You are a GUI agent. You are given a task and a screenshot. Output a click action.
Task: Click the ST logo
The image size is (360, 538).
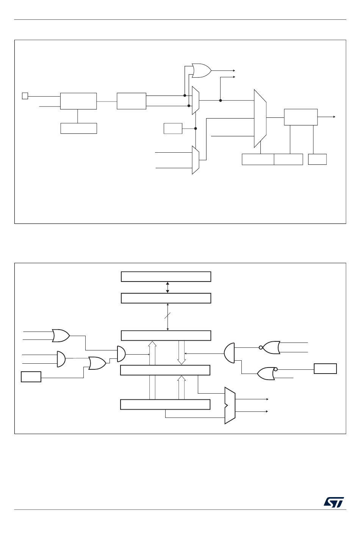tap(334, 502)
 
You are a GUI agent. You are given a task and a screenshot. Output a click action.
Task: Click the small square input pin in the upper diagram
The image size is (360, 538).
tap(25, 96)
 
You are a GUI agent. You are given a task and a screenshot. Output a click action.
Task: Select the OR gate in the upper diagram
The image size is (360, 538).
tap(201, 70)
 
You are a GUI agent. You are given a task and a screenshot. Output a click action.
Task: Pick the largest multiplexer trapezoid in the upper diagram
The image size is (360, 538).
tap(260, 118)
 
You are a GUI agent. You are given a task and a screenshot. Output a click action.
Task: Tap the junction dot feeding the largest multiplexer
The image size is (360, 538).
tap(220, 100)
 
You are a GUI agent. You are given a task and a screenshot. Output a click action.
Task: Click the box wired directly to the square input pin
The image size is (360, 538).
tap(78, 101)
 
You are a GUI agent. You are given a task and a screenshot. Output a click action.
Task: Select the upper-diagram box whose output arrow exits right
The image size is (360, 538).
tap(301, 117)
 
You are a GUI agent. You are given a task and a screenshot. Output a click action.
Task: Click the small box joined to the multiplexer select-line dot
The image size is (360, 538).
tap(173, 128)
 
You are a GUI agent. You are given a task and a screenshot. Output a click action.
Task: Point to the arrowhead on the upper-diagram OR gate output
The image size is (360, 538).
tap(234, 70)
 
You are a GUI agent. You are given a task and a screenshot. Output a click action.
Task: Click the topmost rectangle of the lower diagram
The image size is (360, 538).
tap(166, 277)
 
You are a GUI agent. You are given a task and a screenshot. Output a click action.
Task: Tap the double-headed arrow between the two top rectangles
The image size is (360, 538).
tap(167, 287)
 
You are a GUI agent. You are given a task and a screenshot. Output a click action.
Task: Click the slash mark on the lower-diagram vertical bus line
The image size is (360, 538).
tap(167, 315)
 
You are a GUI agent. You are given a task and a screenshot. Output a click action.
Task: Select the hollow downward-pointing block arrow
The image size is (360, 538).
tap(182, 352)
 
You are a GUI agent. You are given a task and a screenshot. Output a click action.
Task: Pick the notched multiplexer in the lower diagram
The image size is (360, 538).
tap(230, 405)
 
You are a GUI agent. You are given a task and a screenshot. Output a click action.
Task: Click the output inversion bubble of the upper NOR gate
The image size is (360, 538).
tap(261, 347)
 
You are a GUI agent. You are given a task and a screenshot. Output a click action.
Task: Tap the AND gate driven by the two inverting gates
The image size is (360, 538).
tap(229, 353)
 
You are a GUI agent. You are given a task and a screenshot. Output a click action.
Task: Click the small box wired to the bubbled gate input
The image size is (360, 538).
tap(325, 369)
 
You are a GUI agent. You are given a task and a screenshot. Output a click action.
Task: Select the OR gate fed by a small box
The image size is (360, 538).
tap(97, 363)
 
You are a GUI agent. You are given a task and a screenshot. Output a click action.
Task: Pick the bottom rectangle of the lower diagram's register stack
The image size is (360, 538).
tap(165, 405)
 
